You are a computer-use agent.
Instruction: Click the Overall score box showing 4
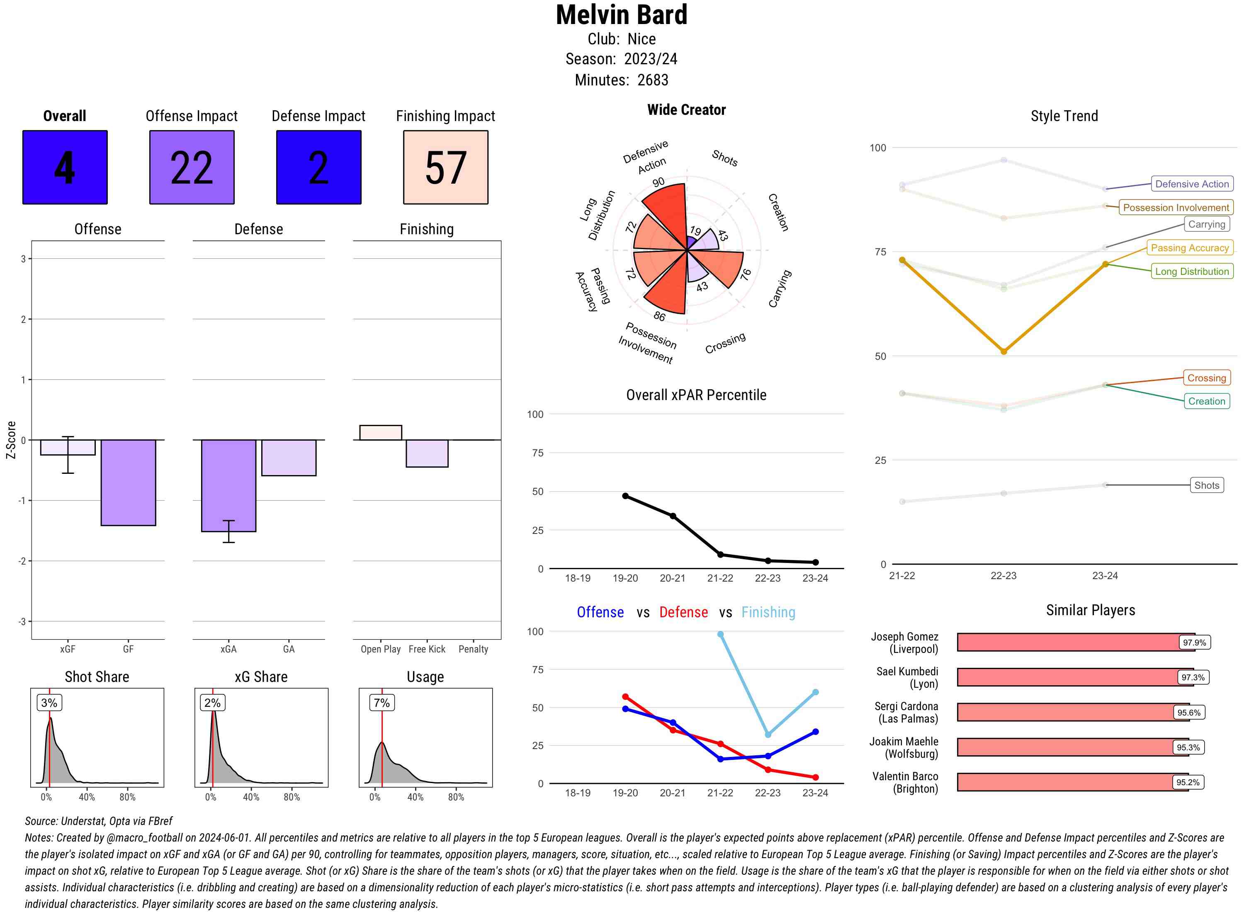tap(65, 167)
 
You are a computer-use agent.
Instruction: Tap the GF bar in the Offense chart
tap(128, 483)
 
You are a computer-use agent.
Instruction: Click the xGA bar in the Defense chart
tap(228, 486)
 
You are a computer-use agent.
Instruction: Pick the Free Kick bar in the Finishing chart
tap(427, 453)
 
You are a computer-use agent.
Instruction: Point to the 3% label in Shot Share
tap(49, 703)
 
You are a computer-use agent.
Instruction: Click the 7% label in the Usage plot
tap(381, 703)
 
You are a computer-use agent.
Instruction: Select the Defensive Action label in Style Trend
tap(1192, 184)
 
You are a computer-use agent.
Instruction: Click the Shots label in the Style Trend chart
tap(1206, 485)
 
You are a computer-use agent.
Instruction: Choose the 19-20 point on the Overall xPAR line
tap(625, 496)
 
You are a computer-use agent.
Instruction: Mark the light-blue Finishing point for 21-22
tap(720, 634)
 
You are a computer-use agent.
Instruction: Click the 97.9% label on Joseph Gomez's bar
tap(1194, 643)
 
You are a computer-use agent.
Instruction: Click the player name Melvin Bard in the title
tap(622, 15)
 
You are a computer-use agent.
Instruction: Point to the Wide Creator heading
tap(686, 110)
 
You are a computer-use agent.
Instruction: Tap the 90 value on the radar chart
tap(658, 182)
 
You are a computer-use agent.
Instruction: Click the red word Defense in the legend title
tap(683, 612)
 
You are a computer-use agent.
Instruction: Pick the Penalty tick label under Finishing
tap(473, 649)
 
